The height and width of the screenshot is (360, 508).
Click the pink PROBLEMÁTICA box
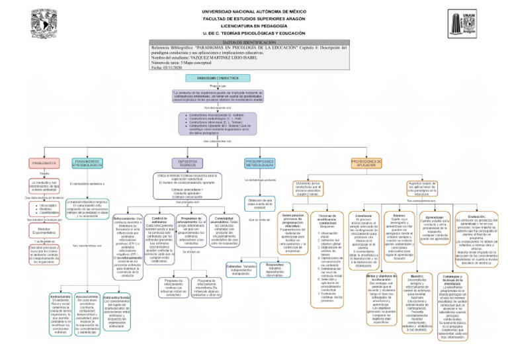click(44, 163)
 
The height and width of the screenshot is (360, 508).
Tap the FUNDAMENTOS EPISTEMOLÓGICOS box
click(87, 163)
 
